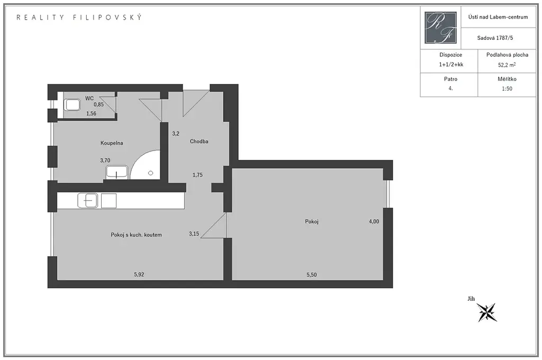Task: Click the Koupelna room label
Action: tap(112, 143)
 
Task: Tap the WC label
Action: tap(89, 98)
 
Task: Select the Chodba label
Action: tap(199, 141)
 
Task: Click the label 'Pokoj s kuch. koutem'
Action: tap(136, 235)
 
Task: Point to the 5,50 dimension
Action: tap(311, 275)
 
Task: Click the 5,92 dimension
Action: tap(139, 274)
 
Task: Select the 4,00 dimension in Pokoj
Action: tap(374, 221)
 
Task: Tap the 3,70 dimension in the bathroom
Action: tap(105, 160)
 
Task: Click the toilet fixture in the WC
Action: tap(72, 105)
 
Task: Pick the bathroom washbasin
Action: tap(117, 172)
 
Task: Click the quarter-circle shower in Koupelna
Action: tap(146, 165)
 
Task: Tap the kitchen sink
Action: tap(88, 201)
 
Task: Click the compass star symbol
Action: tap(487, 312)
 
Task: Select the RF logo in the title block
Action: tap(441, 28)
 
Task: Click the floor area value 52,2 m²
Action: tap(507, 65)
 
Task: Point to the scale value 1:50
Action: tap(507, 88)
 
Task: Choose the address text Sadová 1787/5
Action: tap(495, 38)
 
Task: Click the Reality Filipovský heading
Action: tap(79, 17)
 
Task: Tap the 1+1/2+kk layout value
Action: tap(451, 64)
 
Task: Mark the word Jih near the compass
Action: tap(471, 299)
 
